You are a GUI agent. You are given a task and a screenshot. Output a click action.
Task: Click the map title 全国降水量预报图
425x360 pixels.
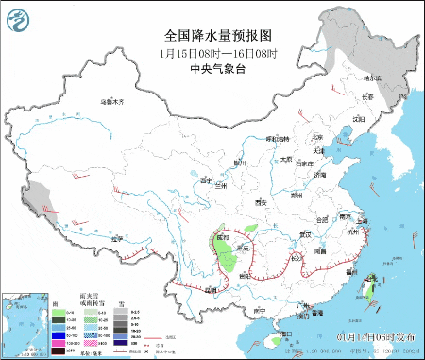[212, 35]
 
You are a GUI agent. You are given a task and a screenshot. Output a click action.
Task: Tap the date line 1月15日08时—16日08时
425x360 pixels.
[212, 53]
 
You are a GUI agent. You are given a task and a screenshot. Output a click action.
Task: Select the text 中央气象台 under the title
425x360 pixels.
[212, 69]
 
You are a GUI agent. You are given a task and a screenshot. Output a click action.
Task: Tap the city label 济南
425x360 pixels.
[321, 175]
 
